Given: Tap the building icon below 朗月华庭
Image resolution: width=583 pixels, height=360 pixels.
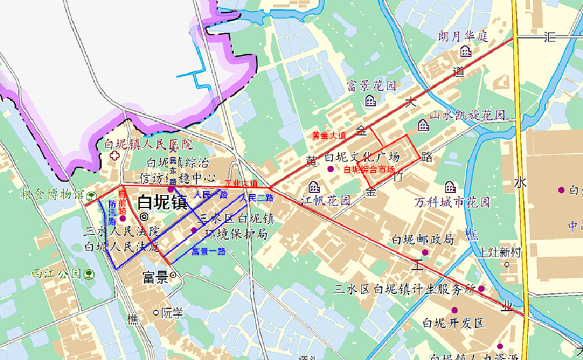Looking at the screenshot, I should click(466, 51).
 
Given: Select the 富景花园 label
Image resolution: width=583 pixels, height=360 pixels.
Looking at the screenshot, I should click(372, 85).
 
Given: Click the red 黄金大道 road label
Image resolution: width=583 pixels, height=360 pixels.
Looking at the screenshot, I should click(329, 135).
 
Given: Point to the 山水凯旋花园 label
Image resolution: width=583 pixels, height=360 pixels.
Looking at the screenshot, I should click(468, 115).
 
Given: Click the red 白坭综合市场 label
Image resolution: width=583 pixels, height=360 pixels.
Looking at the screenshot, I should click(369, 170).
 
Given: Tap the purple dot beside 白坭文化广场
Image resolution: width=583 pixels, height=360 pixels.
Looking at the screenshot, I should click(330, 169).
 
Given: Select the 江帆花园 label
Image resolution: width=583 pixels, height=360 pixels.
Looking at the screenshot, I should click(325, 201).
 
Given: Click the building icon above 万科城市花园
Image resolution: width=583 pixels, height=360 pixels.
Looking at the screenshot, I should click(450, 187).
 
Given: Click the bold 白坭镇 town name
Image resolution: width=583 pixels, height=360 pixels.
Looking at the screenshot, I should click(162, 202).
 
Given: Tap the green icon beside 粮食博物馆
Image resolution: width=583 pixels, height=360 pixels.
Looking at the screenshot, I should click(91, 195).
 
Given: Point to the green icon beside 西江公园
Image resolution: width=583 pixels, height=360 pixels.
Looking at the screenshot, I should click(89, 274).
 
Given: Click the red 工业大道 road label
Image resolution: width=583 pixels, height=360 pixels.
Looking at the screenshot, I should click(241, 183).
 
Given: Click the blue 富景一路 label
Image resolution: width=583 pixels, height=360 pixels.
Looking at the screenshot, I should click(208, 251).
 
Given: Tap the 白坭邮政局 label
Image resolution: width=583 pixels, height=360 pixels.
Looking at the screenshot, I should click(422, 240).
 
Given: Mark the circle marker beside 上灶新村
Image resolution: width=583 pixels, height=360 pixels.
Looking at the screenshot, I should click(507, 265).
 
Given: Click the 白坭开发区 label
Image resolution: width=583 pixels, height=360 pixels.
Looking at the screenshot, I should click(453, 323).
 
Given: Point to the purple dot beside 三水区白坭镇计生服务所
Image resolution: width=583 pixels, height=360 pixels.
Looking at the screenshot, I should click(481, 289).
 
